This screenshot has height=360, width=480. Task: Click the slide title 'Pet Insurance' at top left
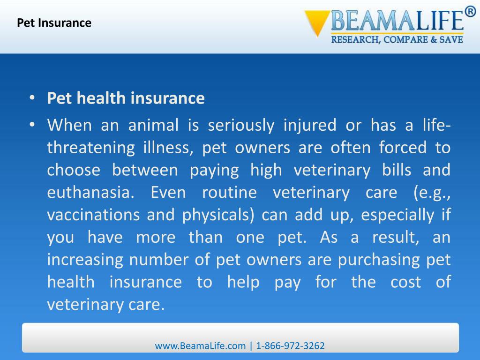coord(54,22)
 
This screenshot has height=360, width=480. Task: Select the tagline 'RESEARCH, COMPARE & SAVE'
coord(397,40)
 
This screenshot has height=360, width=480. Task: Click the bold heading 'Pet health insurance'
coord(126,98)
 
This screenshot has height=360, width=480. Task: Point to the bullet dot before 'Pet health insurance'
coord(32,98)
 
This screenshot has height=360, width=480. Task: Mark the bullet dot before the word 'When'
coord(32,125)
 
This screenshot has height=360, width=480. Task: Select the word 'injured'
coord(310,125)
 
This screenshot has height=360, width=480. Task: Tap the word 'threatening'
coord(84,148)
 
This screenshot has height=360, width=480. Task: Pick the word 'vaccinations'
coord(94,215)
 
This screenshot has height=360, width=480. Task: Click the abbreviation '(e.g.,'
coord(432,193)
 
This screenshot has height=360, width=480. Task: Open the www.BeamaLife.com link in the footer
coord(200,346)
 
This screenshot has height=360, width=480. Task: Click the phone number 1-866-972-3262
coord(291,346)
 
